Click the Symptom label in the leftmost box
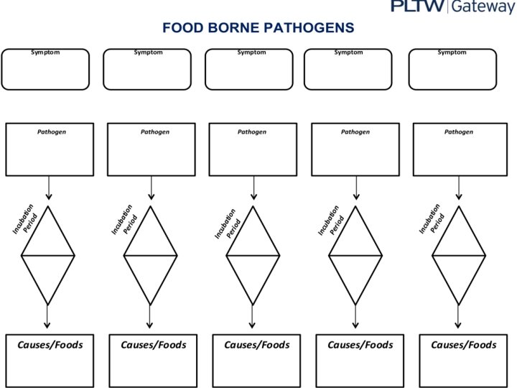(x=45, y=52)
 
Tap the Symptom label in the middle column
(x=251, y=52)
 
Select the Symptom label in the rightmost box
(x=452, y=52)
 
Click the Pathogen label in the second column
(x=155, y=132)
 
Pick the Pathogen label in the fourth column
(x=355, y=132)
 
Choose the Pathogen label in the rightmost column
(x=459, y=132)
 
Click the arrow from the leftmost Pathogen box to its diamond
(x=49, y=188)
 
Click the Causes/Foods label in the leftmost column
(x=50, y=345)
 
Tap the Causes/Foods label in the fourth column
(x=360, y=345)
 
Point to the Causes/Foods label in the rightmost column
(x=463, y=345)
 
